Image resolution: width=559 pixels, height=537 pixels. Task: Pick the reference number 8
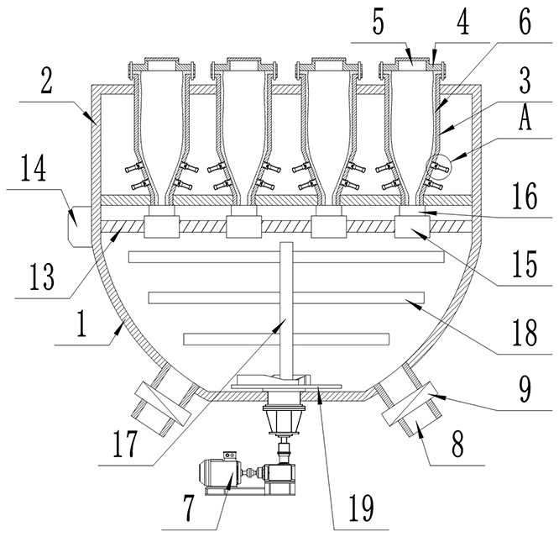[457, 445]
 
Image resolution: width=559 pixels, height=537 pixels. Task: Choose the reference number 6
[525, 23]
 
